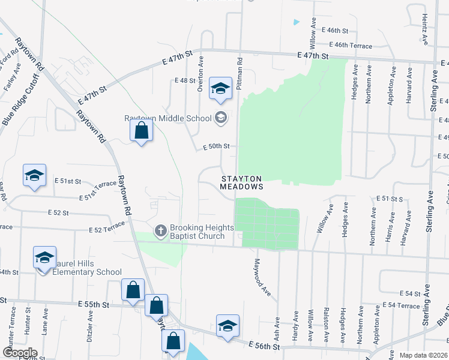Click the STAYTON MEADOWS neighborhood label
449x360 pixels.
[x=241, y=183]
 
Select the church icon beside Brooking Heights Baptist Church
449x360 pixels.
[x=160, y=230]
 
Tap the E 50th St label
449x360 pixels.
[x=216, y=146]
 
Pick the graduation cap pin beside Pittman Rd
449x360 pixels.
[x=220, y=90]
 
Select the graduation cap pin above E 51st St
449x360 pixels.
[x=34, y=176]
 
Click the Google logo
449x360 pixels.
[x=20, y=352]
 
